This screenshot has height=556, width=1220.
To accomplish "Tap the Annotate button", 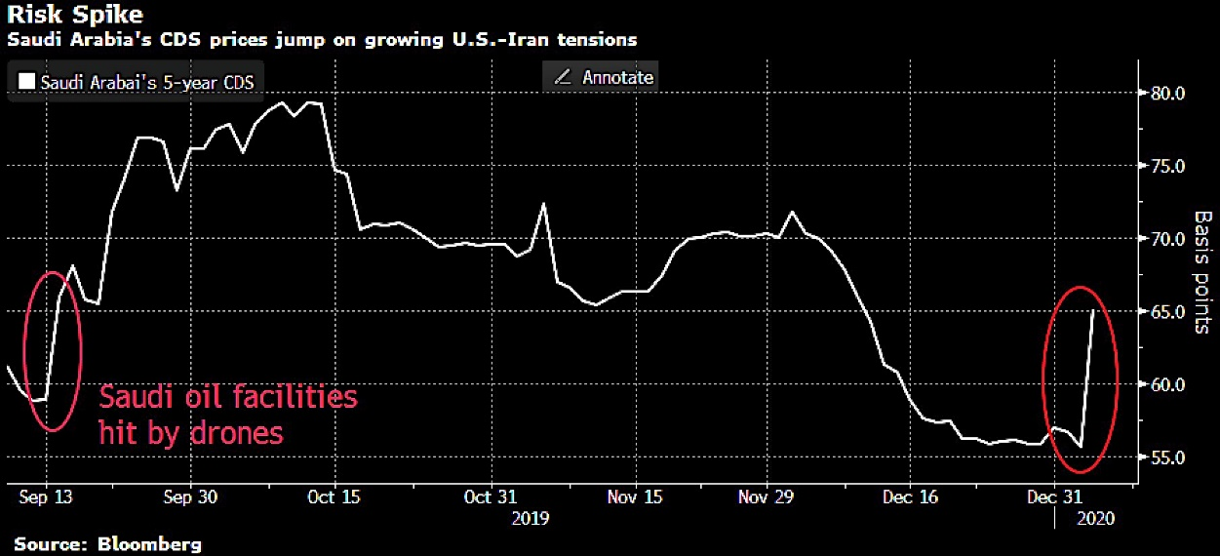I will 603,77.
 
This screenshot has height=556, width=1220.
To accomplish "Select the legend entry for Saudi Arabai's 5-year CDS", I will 137,82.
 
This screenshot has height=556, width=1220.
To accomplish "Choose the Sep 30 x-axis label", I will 190,497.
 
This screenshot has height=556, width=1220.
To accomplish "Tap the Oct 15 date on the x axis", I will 334,497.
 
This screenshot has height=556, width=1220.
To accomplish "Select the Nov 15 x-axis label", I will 635,497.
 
